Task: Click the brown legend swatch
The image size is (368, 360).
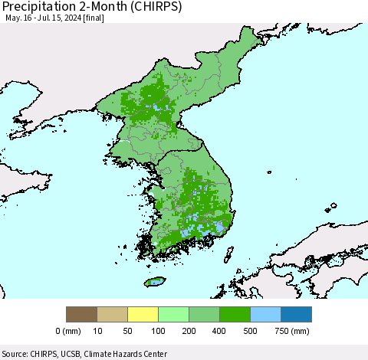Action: [x=81, y=314]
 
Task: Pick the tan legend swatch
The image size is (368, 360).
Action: [x=112, y=314]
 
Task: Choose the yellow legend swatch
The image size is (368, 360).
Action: [x=143, y=314]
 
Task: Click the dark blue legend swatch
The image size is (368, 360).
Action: [x=296, y=314]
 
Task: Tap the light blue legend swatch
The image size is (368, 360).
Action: [x=265, y=314]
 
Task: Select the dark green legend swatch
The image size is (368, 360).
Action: [x=235, y=314]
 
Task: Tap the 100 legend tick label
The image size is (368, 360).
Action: [x=158, y=332]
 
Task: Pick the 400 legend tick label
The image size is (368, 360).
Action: [x=219, y=332]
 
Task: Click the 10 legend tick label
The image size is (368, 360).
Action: [x=97, y=332]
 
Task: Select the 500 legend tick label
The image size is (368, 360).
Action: [x=250, y=332]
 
